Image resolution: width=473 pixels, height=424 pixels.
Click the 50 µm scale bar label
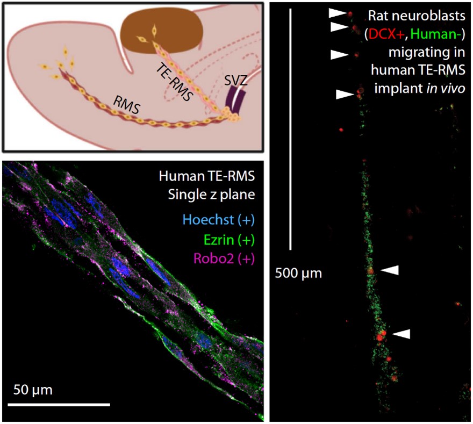click(32, 389)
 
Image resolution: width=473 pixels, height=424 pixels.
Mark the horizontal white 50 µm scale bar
click(59, 404)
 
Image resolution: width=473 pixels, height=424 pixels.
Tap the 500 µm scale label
click(298, 273)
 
